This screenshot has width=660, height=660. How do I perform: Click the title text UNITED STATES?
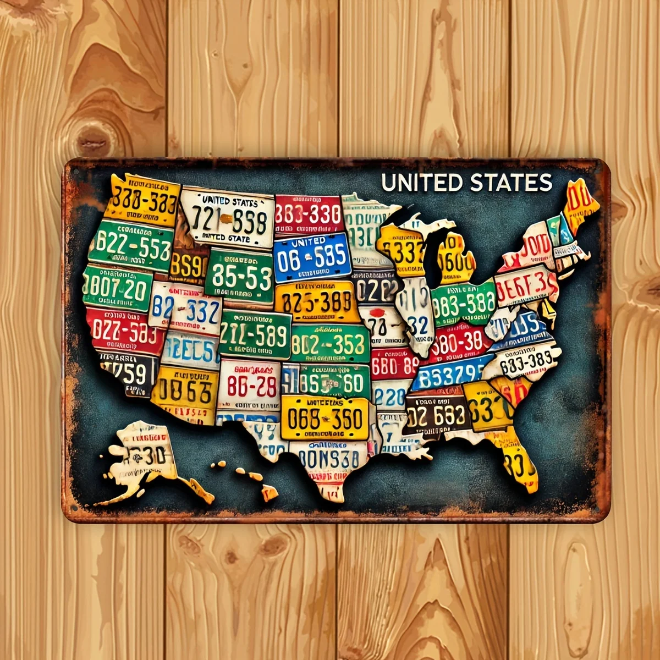[466, 183]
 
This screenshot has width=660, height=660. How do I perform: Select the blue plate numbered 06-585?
[312, 256]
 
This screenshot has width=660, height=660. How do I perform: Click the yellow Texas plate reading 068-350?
[324, 419]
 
